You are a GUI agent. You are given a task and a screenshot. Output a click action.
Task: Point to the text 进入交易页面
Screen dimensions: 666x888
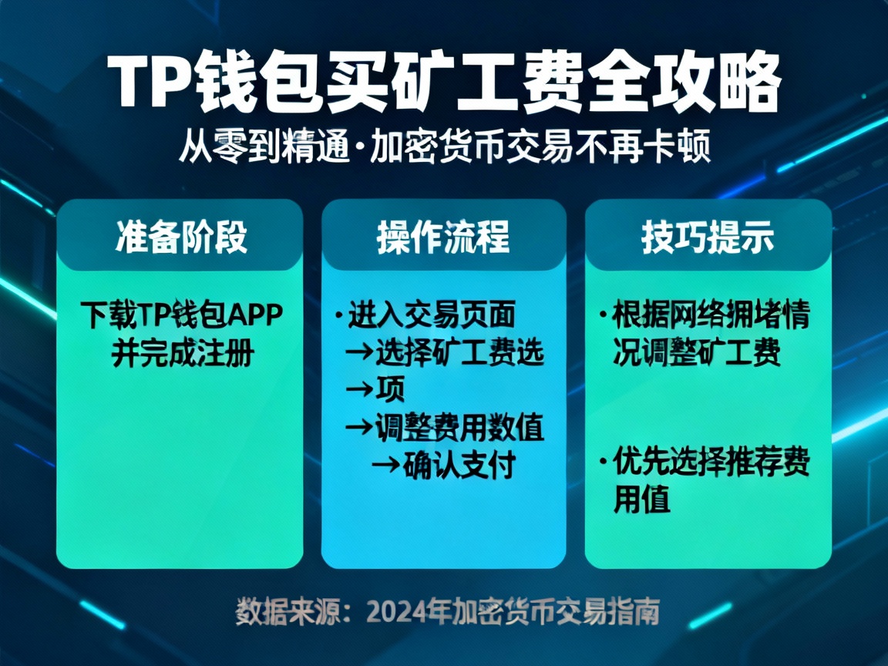(x=432, y=315)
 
